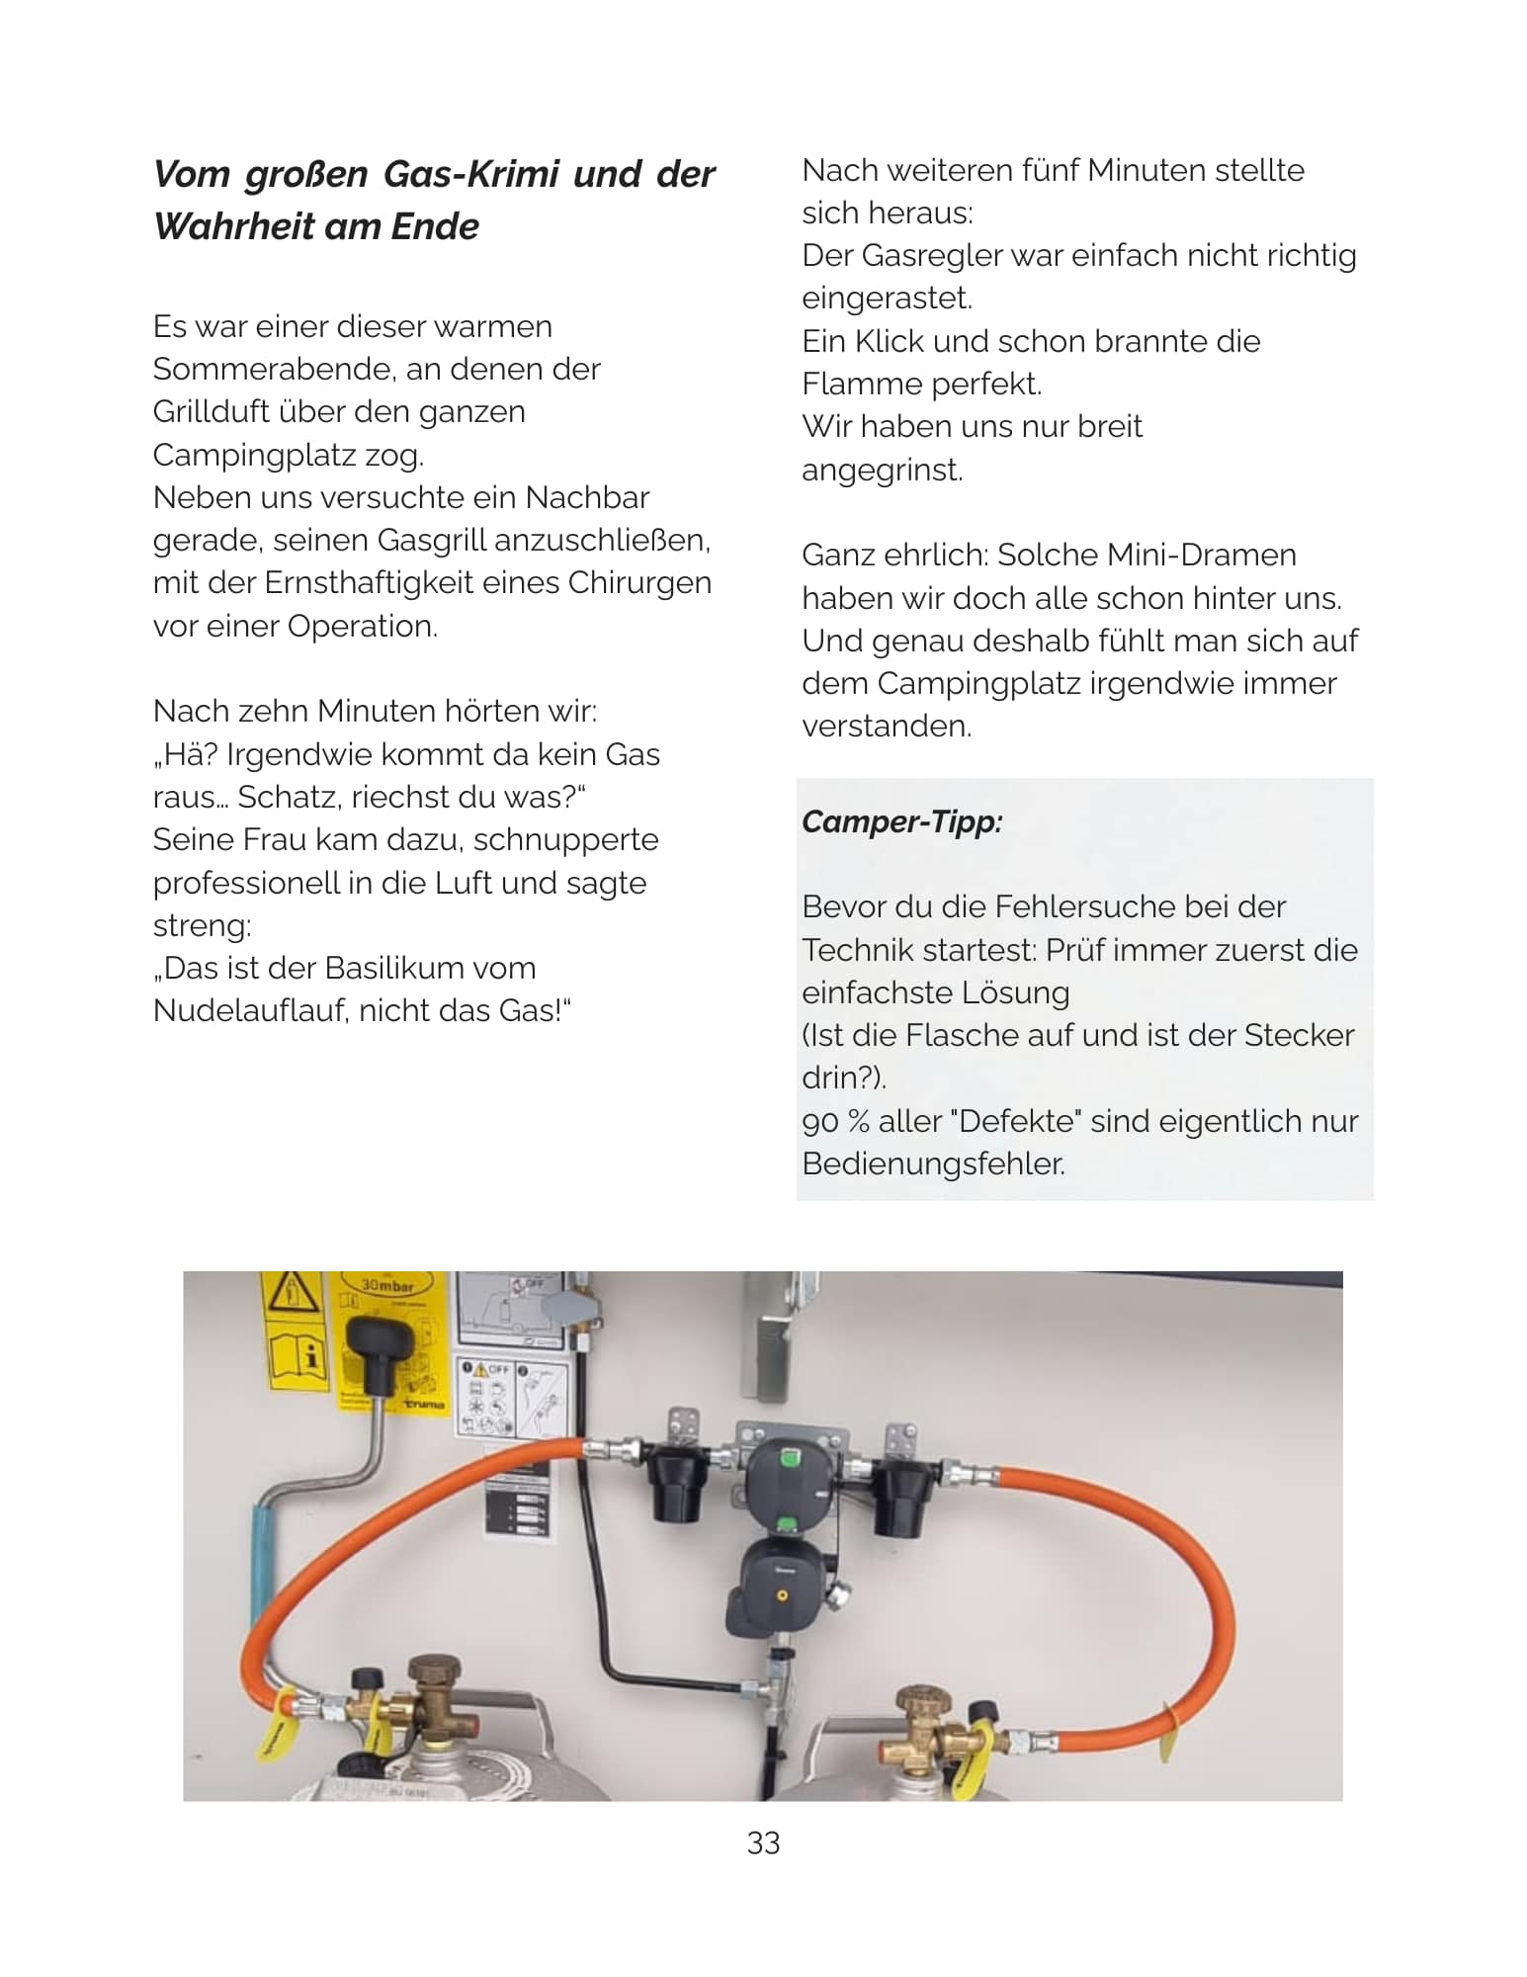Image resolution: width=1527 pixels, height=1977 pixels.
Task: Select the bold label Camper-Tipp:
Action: click(901, 821)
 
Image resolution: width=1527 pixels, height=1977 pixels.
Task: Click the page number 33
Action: click(763, 1843)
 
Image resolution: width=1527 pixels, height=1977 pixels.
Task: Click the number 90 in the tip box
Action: click(819, 1121)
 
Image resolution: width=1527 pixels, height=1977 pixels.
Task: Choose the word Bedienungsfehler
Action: click(933, 1163)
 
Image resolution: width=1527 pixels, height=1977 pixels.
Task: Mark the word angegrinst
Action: click(882, 470)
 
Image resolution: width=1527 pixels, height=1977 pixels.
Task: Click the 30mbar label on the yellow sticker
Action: click(386, 1286)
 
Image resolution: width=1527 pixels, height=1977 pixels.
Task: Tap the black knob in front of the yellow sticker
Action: click(380, 1349)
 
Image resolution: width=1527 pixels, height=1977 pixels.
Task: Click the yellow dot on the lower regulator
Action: click(782, 1595)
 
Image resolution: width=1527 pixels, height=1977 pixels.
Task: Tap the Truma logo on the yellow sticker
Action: click(424, 1404)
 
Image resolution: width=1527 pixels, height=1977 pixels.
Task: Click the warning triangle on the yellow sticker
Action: click(293, 1291)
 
